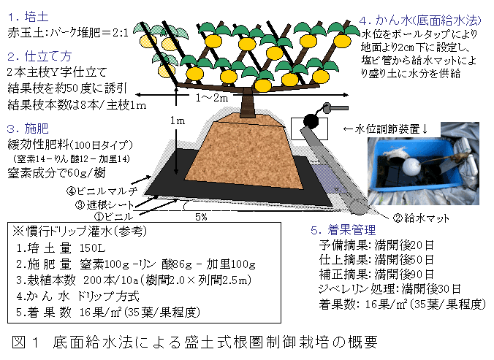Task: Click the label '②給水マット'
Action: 422,218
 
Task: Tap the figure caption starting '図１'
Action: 194,342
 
